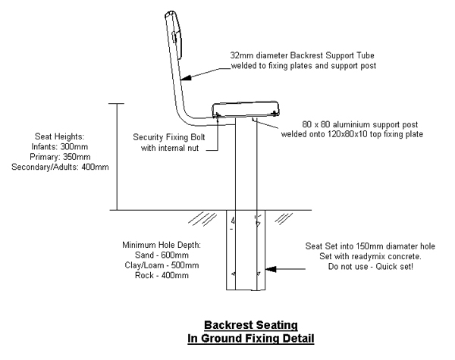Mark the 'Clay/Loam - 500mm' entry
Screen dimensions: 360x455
tap(162, 266)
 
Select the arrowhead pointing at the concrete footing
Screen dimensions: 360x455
tap(271, 268)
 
